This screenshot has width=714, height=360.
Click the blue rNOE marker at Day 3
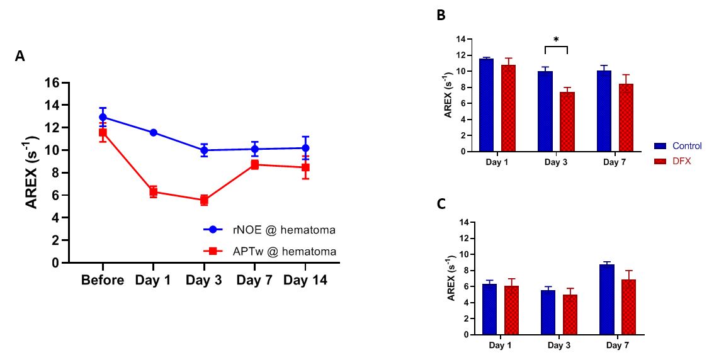point(204,150)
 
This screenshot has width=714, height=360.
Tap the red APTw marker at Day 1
point(153,192)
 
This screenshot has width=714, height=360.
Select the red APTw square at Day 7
point(254,164)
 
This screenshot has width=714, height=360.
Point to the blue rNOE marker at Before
point(103,117)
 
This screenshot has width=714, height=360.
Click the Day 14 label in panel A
point(305,281)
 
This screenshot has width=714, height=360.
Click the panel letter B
point(441,16)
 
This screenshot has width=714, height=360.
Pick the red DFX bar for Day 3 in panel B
point(567,121)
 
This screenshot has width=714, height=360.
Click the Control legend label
point(687,146)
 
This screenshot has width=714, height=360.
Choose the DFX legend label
point(682,161)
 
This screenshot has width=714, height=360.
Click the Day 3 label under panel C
point(559,346)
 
